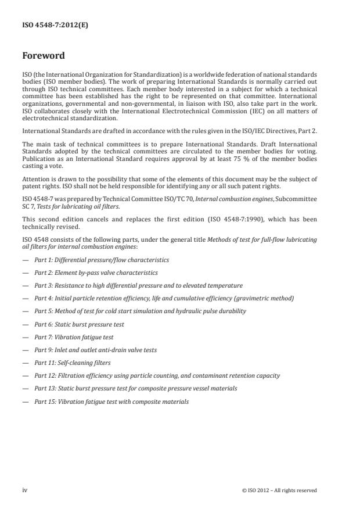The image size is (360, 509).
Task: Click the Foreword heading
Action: pyautogui.click(x=44, y=56)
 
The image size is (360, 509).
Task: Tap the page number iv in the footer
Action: pyautogui.click(x=25, y=490)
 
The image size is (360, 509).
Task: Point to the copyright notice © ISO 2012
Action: pyautogui.click(x=279, y=490)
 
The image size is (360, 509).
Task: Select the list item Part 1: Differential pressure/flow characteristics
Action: pyautogui.click(x=102, y=260)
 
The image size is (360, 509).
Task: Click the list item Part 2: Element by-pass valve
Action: pyautogui.click(x=96, y=273)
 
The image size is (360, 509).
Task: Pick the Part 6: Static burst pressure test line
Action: pyautogui.click(x=79, y=324)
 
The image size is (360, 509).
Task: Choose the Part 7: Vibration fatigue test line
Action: pyautogui.click(x=74, y=337)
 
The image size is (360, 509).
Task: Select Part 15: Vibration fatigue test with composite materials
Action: pyautogui.click(x=111, y=402)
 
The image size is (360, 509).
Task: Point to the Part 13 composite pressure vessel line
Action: pyautogui.click(x=135, y=388)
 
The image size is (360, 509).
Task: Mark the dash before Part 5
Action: pyautogui.click(x=25, y=311)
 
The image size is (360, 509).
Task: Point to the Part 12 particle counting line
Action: pyautogui.click(x=157, y=375)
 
